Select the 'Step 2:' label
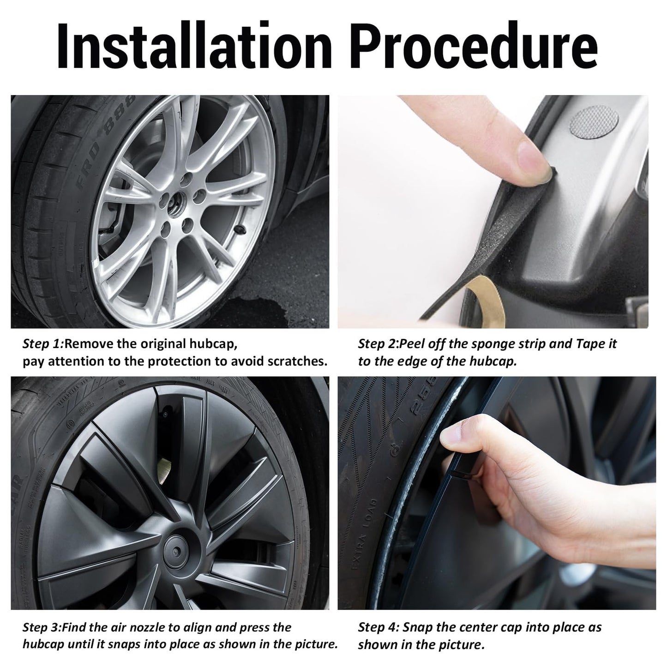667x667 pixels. point(379,344)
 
